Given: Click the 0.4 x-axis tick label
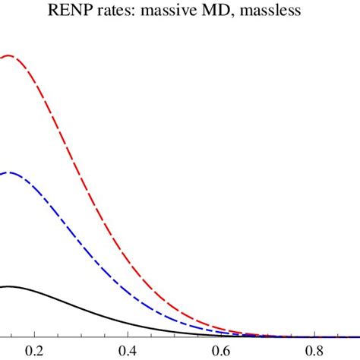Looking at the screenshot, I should click(x=127, y=352).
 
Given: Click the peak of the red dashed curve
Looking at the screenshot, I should click(x=9, y=55).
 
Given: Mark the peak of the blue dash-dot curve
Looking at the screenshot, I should click(x=9, y=173).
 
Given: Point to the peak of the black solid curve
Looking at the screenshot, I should click(x=9, y=286).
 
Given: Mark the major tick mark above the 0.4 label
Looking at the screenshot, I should click(x=127, y=334).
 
